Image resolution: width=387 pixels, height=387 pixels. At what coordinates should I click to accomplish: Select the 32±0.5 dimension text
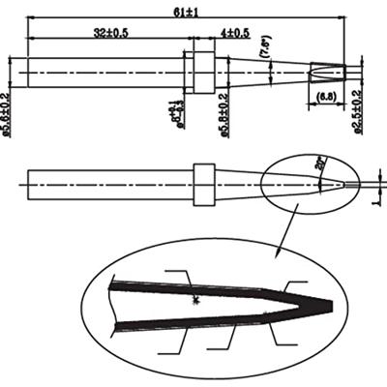click(112, 32)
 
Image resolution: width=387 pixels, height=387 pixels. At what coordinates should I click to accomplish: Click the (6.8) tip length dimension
click(327, 98)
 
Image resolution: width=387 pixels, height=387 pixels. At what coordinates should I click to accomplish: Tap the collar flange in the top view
click(201, 72)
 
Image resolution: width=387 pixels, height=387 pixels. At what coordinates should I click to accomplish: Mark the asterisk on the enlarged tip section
click(197, 303)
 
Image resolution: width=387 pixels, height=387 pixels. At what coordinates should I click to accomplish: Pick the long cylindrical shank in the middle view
click(106, 183)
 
